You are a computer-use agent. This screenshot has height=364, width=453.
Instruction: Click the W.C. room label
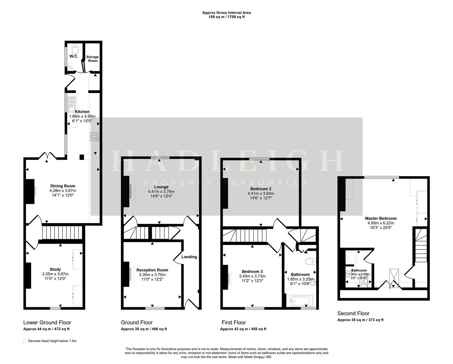pyautogui.click(x=74, y=56)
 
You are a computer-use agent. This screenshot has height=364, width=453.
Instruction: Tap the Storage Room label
pyautogui.click(x=92, y=59)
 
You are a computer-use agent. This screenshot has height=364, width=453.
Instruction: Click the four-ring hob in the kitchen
pyautogui.click(x=95, y=136)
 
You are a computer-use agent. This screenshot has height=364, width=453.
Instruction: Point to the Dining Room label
pyautogui.click(x=63, y=186)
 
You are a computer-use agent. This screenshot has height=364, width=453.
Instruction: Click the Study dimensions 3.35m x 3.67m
pyautogui.click(x=55, y=274)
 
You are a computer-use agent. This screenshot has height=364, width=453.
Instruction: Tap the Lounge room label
pyautogui.click(x=161, y=187)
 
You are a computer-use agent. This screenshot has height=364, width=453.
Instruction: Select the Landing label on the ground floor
pyautogui.click(x=189, y=257)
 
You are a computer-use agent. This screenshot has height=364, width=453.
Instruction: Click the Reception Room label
pyautogui.click(x=152, y=270)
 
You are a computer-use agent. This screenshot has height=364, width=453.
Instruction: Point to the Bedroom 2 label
pyautogui.click(x=261, y=189)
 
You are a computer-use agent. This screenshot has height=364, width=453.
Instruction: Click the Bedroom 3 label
pyautogui.click(x=252, y=272)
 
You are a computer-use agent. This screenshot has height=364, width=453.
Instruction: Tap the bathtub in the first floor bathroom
pyautogui.click(x=301, y=301)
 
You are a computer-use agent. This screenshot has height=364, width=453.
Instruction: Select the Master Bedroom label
pyautogui.click(x=381, y=218)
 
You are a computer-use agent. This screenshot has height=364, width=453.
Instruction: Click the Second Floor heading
pyautogui.click(x=353, y=313)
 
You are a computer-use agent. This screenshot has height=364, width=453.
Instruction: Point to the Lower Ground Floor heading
pyautogui.click(x=47, y=323)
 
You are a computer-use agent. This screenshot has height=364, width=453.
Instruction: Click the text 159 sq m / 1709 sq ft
pyautogui.click(x=226, y=17)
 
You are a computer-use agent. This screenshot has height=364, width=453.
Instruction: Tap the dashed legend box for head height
pyautogui.click(x=24, y=341)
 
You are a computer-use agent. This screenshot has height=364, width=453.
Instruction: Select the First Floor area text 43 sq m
pyautogui.click(x=243, y=329)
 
